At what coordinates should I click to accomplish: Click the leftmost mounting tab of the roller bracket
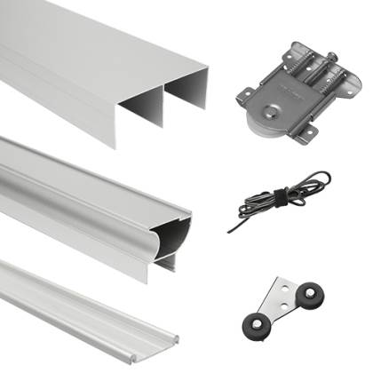pyautogui.click(x=243, y=91)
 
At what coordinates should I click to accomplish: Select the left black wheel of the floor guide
pyautogui.click(x=260, y=328)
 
